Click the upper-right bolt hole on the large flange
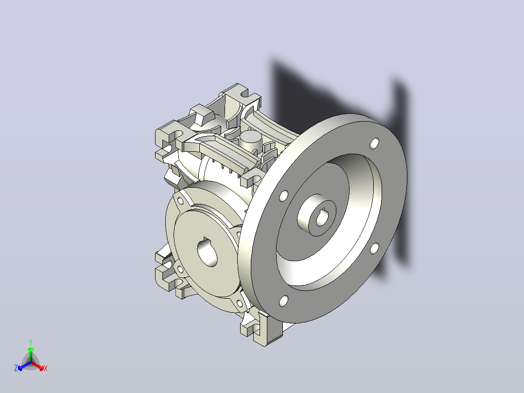click(x=375, y=143)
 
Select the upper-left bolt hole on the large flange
click(x=283, y=196)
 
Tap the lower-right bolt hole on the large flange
click(x=374, y=249)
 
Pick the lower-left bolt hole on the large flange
click(x=283, y=301)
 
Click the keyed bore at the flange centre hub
click(x=322, y=218)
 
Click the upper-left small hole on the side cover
click(x=180, y=201)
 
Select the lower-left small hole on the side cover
click(x=180, y=269)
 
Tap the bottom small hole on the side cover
click(x=239, y=304)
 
